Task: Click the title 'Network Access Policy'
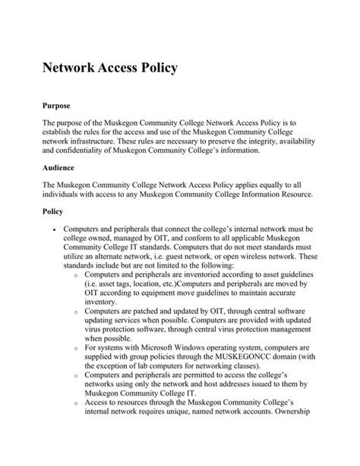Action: (109, 68)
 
